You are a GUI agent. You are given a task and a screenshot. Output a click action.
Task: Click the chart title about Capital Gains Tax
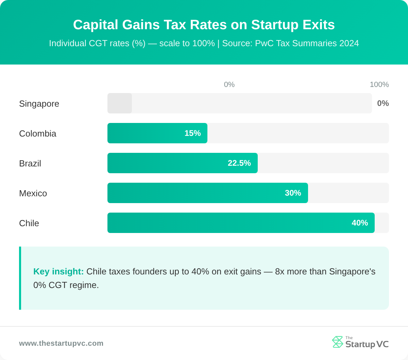coord(204,25)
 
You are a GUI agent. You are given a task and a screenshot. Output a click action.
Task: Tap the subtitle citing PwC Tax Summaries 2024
coord(204,43)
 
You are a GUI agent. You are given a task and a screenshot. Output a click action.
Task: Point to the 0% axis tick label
coord(229,85)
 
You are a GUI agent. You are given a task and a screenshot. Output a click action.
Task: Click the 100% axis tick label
coord(379,85)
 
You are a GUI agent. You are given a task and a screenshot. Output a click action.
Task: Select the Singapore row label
coord(39,104)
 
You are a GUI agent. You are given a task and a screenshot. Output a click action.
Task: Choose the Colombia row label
coord(38,133)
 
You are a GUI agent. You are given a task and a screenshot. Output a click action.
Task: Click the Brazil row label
coord(30,163)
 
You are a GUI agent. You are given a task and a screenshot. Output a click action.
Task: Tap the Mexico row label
coord(33,193)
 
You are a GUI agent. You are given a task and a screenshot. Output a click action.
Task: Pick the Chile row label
coord(29,223)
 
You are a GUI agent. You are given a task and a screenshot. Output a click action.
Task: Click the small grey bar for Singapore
coord(120,103)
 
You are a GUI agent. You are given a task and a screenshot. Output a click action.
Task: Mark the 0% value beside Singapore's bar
coord(383,103)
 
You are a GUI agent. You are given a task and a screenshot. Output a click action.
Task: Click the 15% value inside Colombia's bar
coord(192,133)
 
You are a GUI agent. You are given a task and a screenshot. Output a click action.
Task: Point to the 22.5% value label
coord(239,163)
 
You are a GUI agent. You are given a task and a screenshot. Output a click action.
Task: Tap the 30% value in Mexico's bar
coord(293,193)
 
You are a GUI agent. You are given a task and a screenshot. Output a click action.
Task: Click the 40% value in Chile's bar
coord(360,223)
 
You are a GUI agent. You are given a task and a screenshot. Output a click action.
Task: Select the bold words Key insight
coord(58,271)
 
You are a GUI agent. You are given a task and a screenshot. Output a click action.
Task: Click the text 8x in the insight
coord(280,271)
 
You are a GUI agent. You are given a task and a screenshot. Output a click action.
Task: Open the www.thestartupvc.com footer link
coord(61,343)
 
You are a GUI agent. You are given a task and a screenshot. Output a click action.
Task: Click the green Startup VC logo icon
coord(337,342)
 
